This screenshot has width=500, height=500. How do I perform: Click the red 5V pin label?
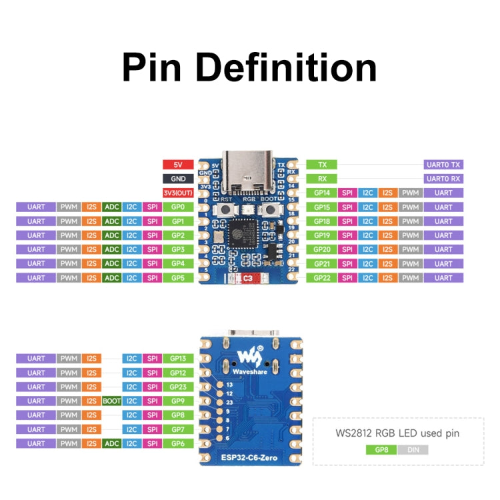pos(178,164)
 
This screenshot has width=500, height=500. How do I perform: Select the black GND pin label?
pos(178,179)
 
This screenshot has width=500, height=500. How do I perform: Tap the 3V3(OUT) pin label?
pos(178,193)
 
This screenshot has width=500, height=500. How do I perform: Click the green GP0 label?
pos(178,207)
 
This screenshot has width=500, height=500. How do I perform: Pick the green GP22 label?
pos(322,277)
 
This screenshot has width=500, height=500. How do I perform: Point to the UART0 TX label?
pos(443,164)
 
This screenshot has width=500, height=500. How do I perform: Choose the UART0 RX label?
pos(443,179)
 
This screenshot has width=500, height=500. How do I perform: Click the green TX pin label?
pos(322,164)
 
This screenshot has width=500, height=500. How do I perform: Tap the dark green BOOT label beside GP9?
pos(112,401)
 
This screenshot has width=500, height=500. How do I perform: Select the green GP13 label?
pos(178,359)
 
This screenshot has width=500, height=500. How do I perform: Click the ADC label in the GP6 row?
pos(112,443)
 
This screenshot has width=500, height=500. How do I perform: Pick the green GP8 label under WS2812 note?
pos(381,450)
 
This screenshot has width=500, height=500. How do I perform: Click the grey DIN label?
pos(413,450)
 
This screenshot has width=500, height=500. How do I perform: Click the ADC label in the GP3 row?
pos(112,249)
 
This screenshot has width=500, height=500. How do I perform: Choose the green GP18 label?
pos(322,221)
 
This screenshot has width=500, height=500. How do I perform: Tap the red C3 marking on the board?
pos(247,278)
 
